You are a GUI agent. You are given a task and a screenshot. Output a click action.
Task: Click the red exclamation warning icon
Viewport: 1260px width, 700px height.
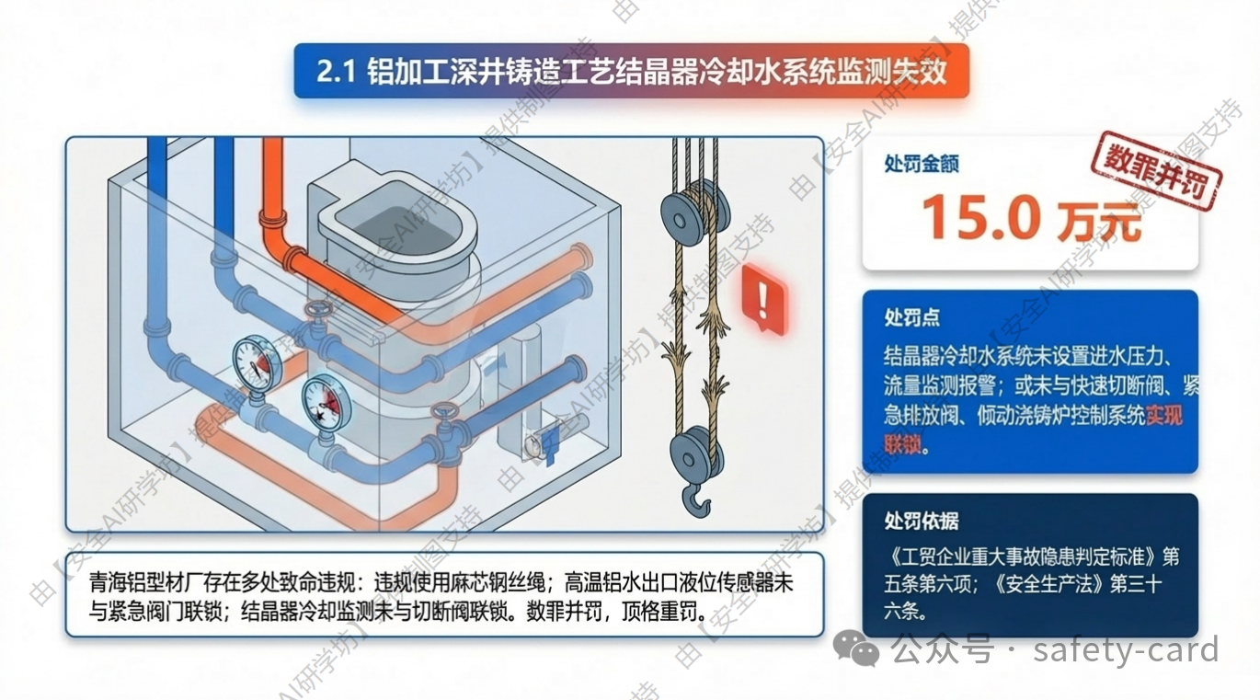click(x=764, y=299)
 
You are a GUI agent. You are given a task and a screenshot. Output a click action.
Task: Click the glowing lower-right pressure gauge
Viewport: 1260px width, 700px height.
click(x=326, y=402)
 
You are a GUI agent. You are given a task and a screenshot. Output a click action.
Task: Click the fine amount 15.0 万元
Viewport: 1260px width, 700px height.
click(x=1032, y=219)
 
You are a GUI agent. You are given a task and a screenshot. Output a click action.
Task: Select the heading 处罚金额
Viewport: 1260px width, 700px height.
click(x=922, y=164)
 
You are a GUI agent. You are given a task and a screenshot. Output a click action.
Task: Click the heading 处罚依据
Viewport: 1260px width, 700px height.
click(x=922, y=521)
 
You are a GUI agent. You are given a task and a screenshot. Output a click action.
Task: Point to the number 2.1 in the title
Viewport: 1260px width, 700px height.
click(x=337, y=72)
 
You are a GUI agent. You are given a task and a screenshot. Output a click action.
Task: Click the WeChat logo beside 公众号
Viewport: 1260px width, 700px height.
click(x=856, y=648)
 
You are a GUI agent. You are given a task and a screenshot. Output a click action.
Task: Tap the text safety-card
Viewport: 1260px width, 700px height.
click(x=1126, y=649)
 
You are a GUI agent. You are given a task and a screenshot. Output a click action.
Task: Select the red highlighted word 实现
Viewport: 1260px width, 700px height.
click(x=1164, y=416)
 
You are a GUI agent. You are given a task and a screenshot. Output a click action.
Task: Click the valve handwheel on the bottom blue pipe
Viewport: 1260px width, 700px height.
click(x=445, y=414)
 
